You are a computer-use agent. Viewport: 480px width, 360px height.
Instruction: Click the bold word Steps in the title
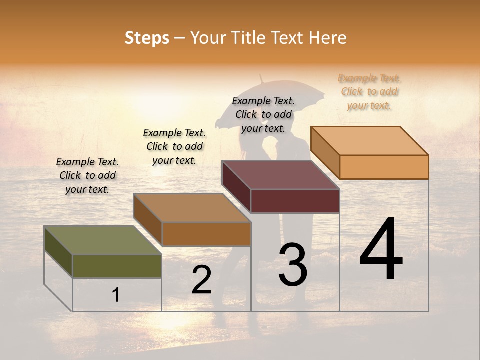pyautogui.click(x=147, y=38)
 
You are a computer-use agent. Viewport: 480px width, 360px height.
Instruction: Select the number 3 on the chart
pyautogui.click(x=292, y=264)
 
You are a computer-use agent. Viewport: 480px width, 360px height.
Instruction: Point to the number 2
pyautogui.click(x=201, y=279)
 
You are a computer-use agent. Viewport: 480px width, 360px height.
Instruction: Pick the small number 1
pyautogui.click(x=116, y=295)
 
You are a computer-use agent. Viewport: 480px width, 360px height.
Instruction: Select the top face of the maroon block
pyautogui.click(x=280, y=175)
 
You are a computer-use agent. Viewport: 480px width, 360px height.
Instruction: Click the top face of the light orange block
pyautogui.click(x=369, y=140)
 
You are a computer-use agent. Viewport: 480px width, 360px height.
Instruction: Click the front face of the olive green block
pyautogui.click(x=117, y=266)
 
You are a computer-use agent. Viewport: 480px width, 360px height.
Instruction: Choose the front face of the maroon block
pyautogui.click(x=295, y=201)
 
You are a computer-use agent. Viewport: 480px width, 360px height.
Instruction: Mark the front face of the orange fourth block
pyautogui.click(x=384, y=167)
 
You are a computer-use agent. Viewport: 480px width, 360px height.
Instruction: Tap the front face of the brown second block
pyautogui.click(x=206, y=234)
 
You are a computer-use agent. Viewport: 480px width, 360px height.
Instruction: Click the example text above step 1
pyautogui.click(x=87, y=175)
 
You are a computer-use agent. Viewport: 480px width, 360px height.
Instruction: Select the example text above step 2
pyautogui.click(x=174, y=146)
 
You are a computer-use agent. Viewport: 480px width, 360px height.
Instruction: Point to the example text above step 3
pyautogui.click(x=263, y=114)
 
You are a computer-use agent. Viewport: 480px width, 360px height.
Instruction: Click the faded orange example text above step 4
pyautogui.click(x=369, y=91)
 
